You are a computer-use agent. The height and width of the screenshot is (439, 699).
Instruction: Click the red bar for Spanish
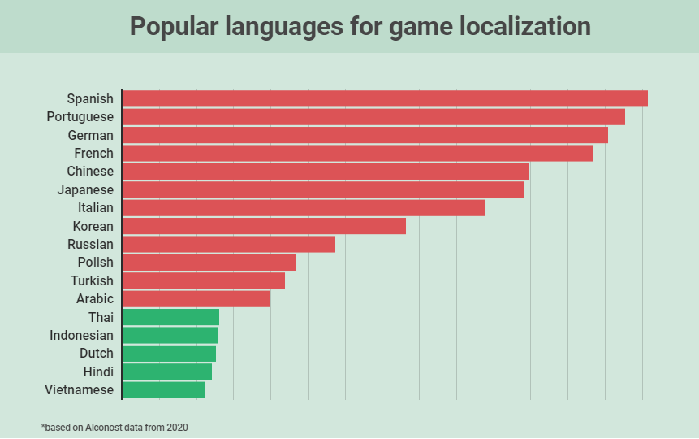(385, 99)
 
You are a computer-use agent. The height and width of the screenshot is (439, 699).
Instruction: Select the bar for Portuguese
(373, 117)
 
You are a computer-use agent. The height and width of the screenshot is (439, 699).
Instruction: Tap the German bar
(365, 135)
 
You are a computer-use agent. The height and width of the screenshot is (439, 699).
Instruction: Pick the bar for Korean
(264, 226)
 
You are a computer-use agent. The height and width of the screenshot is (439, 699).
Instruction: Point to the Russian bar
(228, 244)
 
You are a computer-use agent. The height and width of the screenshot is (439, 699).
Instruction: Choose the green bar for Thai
(170, 317)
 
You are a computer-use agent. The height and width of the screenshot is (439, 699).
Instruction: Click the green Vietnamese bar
(163, 390)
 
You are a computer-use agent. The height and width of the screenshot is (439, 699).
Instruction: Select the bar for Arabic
(196, 299)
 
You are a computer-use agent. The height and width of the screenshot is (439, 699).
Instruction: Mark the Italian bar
(303, 208)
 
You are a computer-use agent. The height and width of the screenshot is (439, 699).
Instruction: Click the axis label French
(94, 153)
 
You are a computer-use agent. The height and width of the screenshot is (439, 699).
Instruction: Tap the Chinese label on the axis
(90, 172)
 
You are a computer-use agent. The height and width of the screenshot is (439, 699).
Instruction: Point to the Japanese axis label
(85, 189)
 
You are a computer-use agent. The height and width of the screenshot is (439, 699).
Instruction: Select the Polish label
(96, 263)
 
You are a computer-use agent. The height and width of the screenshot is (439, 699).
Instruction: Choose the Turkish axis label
(92, 280)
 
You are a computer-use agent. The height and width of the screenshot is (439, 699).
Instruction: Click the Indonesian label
(81, 335)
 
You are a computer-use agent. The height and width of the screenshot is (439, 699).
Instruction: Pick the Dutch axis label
(97, 354)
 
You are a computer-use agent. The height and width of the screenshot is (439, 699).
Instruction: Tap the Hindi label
(98, 372)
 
